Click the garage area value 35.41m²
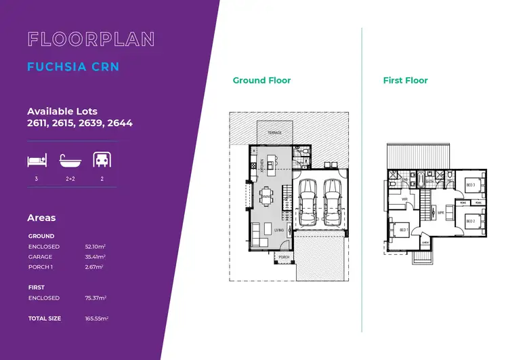pyautogui.click(x=96, y=257)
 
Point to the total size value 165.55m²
pyautogui.click(x=97, y=318)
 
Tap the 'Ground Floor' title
pyautogui.click(x=261, y=80)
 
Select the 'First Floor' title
pyautogui.click(x=405, y=80)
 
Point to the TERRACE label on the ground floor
pyautogui.click(x=274, y=134)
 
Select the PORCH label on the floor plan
pyautogui.click(x=284, y=258)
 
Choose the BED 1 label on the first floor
pyautogui.click(x=404, y=231)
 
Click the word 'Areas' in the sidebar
pyautogui.click(x=41, y=218)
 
